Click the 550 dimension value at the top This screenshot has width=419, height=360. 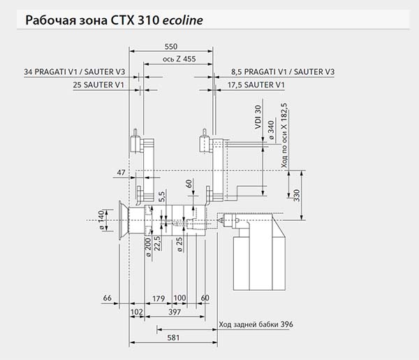171,47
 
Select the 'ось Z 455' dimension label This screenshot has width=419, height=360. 179,59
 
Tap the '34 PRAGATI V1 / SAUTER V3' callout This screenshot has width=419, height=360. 75,72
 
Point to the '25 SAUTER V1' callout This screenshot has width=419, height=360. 98,85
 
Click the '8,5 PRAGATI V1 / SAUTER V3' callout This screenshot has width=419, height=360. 283,72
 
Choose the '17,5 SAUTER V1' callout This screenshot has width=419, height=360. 256,85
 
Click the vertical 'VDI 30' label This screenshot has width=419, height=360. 258,117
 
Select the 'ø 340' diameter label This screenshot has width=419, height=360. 271,130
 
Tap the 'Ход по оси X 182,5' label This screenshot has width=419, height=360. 284,136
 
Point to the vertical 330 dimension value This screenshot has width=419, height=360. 297,196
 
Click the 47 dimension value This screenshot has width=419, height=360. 121,173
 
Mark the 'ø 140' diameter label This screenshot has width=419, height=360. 101,220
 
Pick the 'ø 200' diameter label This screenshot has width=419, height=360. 148,247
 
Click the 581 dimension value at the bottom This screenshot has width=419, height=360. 173,338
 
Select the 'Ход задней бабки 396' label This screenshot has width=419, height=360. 256,324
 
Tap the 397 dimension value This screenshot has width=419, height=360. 175,312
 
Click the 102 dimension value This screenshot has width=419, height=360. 137,312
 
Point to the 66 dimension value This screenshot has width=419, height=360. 107,298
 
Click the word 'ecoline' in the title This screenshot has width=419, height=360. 183,20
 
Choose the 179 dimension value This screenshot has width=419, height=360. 159,298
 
